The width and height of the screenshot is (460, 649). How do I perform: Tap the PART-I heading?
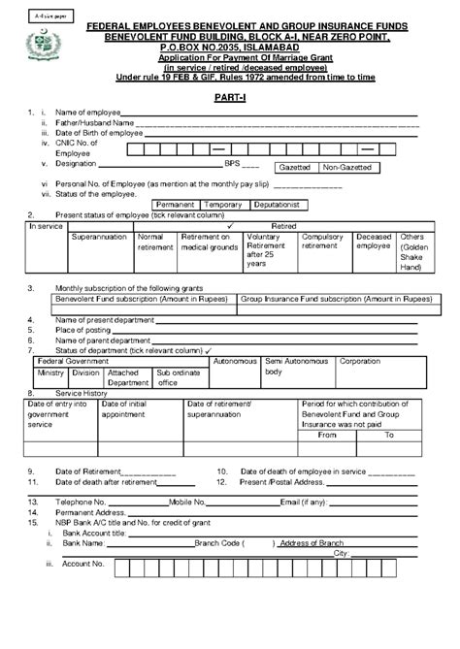(229, 101)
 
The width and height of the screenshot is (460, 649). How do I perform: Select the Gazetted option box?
(295, 168)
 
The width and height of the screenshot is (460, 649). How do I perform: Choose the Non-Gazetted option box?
(346, 168)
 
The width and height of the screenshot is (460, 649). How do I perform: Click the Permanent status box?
(176, 205)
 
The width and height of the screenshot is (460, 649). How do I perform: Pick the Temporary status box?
(223, 205)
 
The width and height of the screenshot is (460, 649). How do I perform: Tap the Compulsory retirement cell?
(322, 242)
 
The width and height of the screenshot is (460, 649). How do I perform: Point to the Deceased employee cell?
(374, 242)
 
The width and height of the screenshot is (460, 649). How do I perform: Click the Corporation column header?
(360, 361)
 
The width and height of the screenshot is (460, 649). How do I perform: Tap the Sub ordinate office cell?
(178, 377)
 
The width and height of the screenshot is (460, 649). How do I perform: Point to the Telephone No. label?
(80, 503)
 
